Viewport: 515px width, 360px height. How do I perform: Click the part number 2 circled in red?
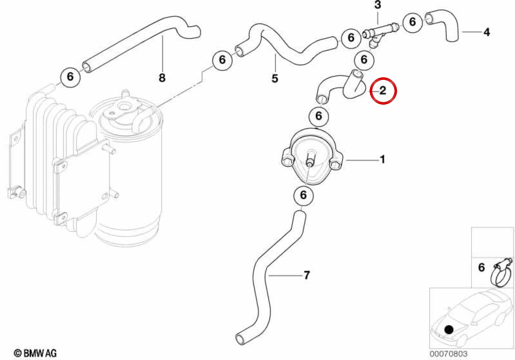(x=383, y=90)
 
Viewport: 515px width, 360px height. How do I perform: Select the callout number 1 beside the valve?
(x=382, y=159)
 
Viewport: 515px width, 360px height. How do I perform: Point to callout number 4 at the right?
(x=487, y=32)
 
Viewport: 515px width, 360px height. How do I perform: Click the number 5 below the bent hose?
(x=275, y=78)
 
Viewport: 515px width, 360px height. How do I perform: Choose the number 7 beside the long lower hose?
(x=307, y=275)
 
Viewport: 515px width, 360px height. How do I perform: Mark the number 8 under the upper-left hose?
(x=162, y=78)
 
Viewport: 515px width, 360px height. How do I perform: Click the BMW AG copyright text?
(x=35, y=353)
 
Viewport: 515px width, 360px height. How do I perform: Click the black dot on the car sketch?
(x=449, y=330)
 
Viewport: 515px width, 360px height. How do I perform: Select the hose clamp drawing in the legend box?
(x=501, y=272)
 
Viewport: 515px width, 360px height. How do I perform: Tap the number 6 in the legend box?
(x=481, y=267)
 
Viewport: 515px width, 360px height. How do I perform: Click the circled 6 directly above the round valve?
(x=319, y=116)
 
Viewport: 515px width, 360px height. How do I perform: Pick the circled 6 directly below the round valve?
(x=303, y=195)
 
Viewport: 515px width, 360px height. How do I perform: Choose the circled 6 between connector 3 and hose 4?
(x=413, y=22)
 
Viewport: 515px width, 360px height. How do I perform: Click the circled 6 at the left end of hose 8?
(x=70, y=77)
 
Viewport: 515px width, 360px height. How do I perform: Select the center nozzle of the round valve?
(x=309, y=162)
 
